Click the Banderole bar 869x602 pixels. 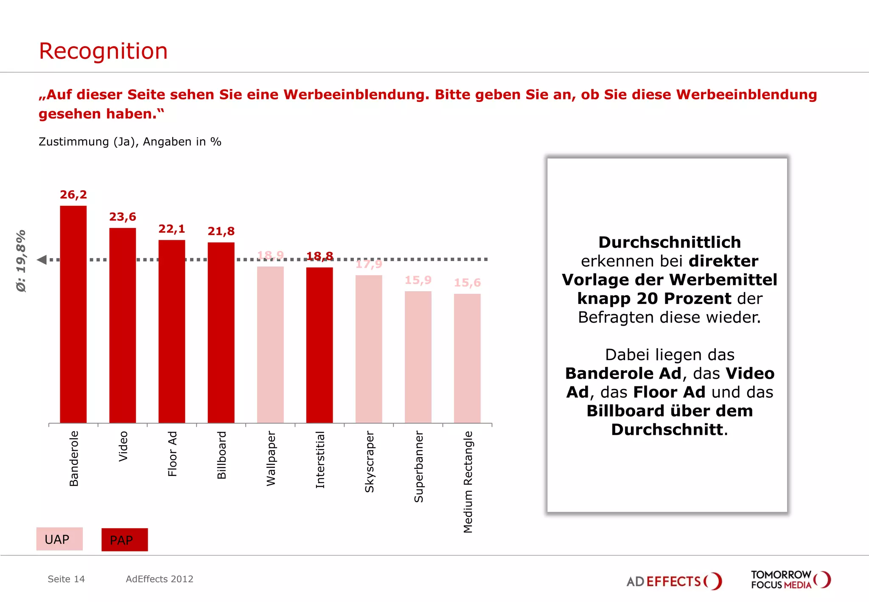(73, 314)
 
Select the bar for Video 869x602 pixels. (123, 325)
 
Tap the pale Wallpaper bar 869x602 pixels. (270, 344)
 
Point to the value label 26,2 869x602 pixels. (73, 195)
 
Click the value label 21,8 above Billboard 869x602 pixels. (221, 231)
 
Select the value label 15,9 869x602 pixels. (418, 280)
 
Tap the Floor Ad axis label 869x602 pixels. (172, 454)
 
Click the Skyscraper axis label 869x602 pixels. (370, 461)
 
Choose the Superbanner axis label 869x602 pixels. (419, 467)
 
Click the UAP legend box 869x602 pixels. (59, 539)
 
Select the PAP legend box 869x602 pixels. (124, 540)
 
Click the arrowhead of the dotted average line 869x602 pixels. (42, 259)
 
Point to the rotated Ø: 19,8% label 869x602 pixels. (21, 261)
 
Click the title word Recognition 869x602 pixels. (103, 51)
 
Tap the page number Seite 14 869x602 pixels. (66, 579)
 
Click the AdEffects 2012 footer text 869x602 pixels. (160, 579)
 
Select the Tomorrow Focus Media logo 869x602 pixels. (790, 579)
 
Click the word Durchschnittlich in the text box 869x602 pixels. (669, 242)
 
